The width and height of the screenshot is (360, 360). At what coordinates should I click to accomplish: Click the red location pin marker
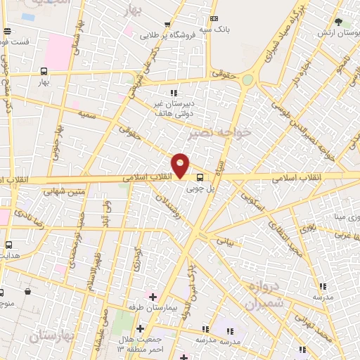(181, 165)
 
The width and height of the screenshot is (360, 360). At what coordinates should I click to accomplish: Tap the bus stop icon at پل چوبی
(200, 178)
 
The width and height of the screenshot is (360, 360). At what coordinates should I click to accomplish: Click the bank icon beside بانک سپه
(214, 19)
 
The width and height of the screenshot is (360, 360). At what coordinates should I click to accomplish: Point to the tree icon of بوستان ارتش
(338, 22)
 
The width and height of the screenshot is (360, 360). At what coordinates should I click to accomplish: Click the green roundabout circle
(247, 80)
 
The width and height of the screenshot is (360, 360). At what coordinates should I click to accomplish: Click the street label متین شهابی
(64, 190)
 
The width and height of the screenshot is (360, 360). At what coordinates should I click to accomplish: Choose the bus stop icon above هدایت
(8, 245)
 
